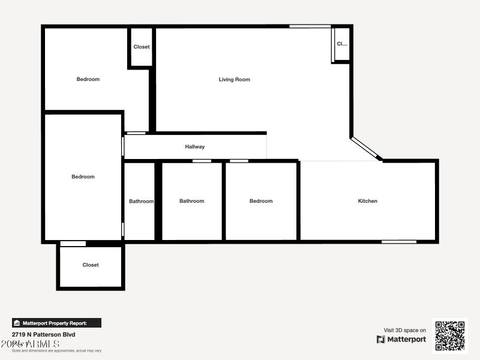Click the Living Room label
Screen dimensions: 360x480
tap(234, 79)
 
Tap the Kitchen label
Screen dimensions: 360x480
tap(368, 201)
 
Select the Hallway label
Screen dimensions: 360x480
tap(195, 146)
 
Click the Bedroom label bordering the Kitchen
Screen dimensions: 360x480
tap(261, 201)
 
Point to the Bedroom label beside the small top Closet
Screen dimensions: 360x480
tap(88, 79)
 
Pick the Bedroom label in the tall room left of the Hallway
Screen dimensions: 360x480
tap(83, 176)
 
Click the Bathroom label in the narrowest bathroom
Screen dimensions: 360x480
tap(141, 201)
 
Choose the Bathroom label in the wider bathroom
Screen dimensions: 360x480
tap(191, 201)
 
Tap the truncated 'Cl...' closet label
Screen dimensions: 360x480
tap(342, 44)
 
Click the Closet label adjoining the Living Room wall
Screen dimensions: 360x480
tap(142, 47)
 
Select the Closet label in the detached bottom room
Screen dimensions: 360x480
tap(91, 265)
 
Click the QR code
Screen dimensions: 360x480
tap(450, 335)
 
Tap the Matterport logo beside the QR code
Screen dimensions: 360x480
tap(401, 340)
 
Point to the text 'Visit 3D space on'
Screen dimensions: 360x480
tap(405, 330)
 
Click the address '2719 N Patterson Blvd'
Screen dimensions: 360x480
tap(44, 334)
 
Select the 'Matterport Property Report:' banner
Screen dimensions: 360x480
tap(57, 323)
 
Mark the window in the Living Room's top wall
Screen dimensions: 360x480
tap(310, 26)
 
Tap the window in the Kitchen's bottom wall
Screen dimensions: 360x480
tap(399, 242)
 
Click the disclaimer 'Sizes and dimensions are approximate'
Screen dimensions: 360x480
tap(57, 350)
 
